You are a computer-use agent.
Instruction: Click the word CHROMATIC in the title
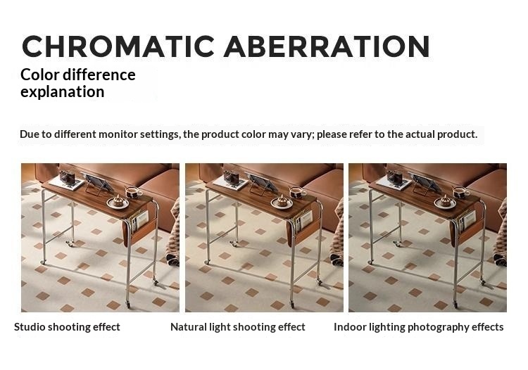tap(118, 46)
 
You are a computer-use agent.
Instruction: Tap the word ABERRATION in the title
tap(327, 46)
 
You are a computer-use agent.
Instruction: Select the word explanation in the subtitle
tap(62, 92)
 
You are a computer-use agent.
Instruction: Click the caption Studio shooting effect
tap(67, 327)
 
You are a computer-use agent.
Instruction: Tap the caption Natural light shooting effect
tap(238, 327)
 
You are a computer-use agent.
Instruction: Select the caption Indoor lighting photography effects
tap(419, 327)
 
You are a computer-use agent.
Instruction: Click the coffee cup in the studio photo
tap(134, 192)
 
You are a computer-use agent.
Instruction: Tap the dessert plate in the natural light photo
tap(282, 202)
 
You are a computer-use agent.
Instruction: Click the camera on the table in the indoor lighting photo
tap(395, 177)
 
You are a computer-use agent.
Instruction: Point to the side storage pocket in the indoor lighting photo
tap(467, 224)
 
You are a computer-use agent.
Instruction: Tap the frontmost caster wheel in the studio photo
tap(128, 305)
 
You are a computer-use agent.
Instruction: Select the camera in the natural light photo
tap(232, 177)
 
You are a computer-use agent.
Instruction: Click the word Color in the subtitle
tap(39, 75)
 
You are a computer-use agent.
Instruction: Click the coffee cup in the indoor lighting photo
tap(461, 192)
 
